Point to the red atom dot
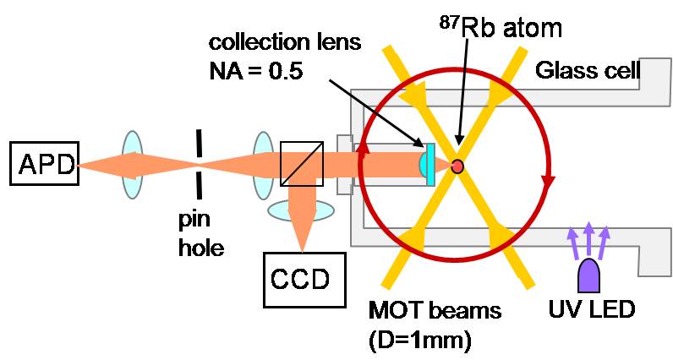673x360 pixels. [457, 166]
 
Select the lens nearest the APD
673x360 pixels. [132, 166]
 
